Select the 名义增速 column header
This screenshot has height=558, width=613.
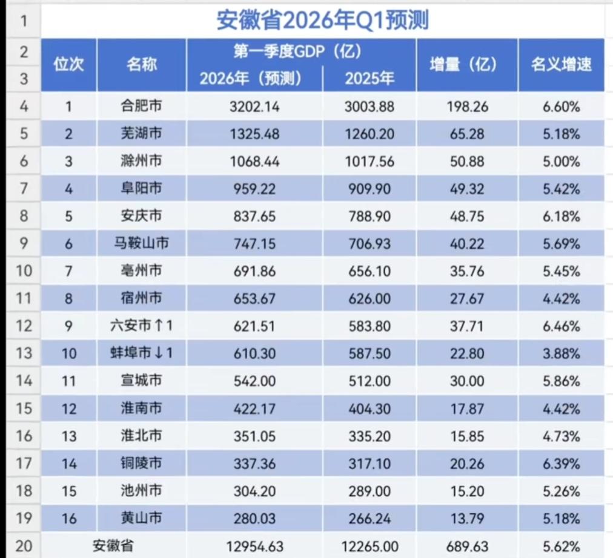pos(561,65)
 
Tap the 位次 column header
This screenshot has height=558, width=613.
pos(68,65)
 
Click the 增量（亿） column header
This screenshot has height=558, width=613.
pos(467,65)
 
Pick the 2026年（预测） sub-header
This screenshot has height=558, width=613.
pos(254,78)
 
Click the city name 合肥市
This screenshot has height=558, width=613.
pos(141,107)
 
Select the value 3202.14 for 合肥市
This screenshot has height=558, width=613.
pos(254,107)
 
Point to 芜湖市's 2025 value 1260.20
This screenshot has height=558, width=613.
pos(369,134)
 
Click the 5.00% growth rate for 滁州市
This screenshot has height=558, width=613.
pos(561,162)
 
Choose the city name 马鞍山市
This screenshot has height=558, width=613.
pos(141,244)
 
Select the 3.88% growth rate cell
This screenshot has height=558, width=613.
pos(561,353)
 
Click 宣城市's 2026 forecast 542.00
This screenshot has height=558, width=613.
pos(254,381)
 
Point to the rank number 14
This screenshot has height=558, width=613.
pos(69,463)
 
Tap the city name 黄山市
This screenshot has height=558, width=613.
pos(141,517)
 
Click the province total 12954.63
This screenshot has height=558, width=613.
pos(254,546)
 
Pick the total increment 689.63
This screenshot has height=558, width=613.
pos(466,546)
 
